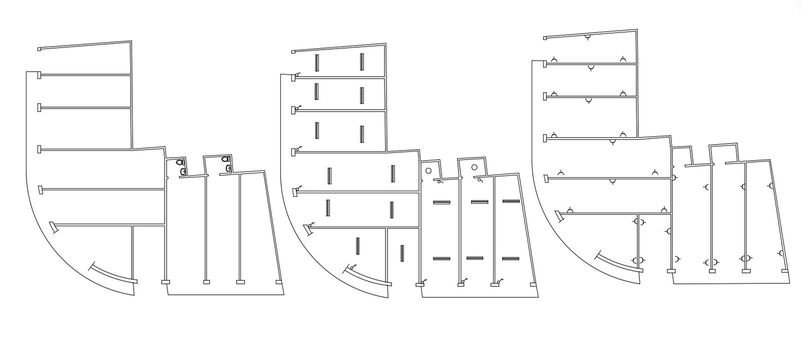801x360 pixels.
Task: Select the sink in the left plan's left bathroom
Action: coord(183,172)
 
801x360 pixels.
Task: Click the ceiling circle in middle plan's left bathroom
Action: coord(428,171)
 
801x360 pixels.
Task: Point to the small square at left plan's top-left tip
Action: coord(39,49)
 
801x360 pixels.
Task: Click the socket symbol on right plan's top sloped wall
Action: coord(587,38)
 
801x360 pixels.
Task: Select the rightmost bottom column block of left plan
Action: coord(279,282)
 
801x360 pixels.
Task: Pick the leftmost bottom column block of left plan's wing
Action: coord(165,282)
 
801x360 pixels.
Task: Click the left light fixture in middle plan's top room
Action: coord(317,62)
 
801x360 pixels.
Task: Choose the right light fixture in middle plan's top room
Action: coord(361,62)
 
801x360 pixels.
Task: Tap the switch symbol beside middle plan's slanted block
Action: coord(311,225)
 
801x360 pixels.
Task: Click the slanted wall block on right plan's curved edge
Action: coord(557,215)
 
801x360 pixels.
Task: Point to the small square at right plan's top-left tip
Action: coord(544,38)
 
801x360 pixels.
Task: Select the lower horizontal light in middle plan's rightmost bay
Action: coord(511,259)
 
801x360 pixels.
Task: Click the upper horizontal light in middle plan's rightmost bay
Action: coord(511,201)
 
